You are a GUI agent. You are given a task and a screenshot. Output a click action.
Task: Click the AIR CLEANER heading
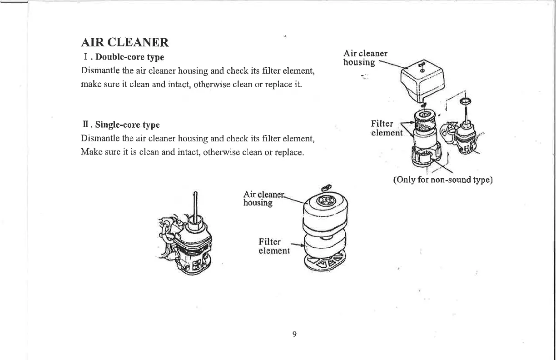[125, 42]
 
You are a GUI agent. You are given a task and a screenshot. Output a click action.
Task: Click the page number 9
[294, 335]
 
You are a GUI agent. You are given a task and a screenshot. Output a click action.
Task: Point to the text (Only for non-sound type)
[442, 180]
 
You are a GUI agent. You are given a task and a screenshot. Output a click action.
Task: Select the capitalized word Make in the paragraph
[90, 151]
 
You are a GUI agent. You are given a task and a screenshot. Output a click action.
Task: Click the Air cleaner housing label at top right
[365, 58]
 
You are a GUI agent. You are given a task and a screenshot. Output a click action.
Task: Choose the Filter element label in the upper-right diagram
[387, 128]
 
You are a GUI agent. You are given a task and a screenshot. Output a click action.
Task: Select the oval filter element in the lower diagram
[325, 242]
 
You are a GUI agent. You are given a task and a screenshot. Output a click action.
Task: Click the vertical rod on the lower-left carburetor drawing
[196, 205]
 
